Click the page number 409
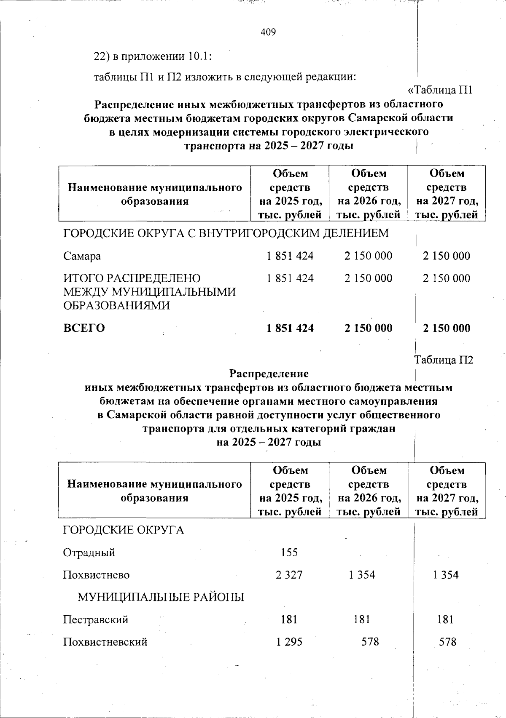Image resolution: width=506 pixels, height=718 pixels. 268,32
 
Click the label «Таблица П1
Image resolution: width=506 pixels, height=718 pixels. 440,90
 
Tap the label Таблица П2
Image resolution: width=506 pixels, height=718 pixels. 444,360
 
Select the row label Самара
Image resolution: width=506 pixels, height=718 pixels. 82,256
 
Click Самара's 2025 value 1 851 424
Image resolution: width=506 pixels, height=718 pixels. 290,256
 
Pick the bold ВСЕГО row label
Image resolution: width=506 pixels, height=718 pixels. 84,328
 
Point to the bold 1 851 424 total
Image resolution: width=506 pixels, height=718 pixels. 290,328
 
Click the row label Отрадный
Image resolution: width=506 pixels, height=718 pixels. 89,552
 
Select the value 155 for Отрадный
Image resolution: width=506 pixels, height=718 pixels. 289,552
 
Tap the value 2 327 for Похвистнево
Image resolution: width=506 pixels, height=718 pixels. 289,575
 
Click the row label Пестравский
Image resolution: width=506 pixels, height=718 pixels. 96,619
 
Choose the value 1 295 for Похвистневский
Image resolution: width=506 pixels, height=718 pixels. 289,642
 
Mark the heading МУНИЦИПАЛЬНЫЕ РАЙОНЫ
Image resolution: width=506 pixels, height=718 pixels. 161,597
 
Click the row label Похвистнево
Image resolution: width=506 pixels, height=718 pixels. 96,575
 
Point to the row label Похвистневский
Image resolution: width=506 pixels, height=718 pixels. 105,642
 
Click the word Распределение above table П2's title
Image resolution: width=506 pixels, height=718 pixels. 269,374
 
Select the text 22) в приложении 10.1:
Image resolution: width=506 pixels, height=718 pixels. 152,56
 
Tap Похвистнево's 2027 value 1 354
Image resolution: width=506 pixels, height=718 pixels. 446,575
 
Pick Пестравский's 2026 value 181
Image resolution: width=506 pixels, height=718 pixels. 362,619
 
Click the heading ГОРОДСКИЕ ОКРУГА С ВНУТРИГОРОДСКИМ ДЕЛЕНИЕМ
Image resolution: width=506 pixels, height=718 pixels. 226,233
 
